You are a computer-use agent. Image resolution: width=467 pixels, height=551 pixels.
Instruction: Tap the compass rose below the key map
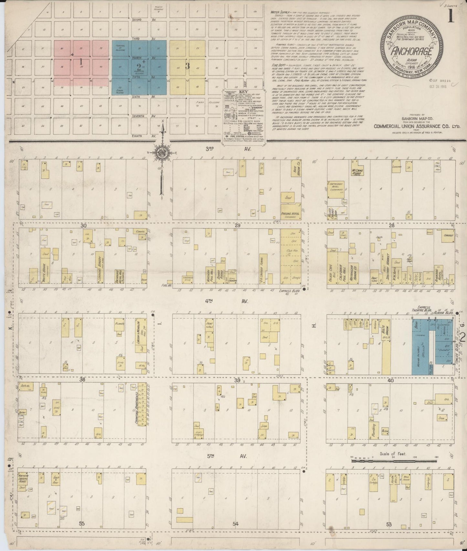coord(161,153)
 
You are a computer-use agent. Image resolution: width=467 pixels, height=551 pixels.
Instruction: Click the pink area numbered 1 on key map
coord(81,61)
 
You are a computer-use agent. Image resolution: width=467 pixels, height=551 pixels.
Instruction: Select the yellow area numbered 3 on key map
coord(187,66)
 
